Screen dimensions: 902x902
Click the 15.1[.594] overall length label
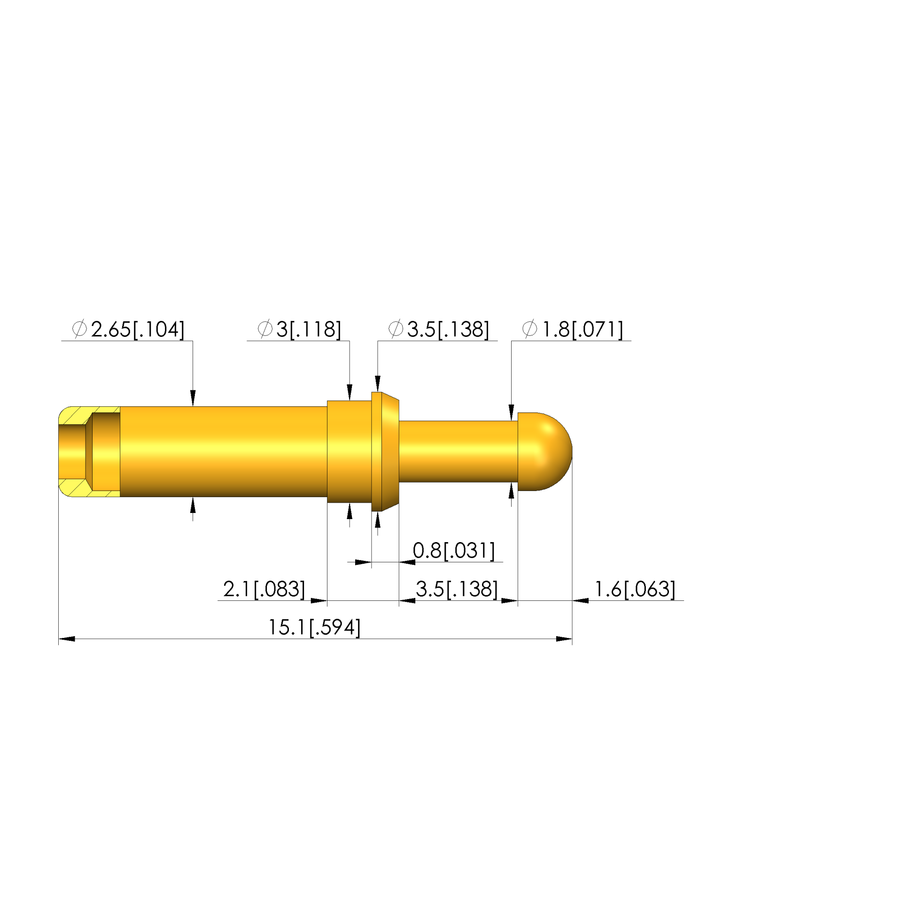point(314,628)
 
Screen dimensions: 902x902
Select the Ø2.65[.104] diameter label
point(128,329)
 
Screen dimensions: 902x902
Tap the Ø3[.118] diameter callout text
point(299,329)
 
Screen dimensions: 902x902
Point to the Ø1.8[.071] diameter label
point(573,329)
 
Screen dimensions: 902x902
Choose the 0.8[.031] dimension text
point(454,551)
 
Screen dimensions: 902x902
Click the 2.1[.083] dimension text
point(264,589)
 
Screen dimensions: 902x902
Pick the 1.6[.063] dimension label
point(635,589)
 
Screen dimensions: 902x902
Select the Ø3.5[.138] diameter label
point(439,329)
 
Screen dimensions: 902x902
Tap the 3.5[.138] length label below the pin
point(457,589)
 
